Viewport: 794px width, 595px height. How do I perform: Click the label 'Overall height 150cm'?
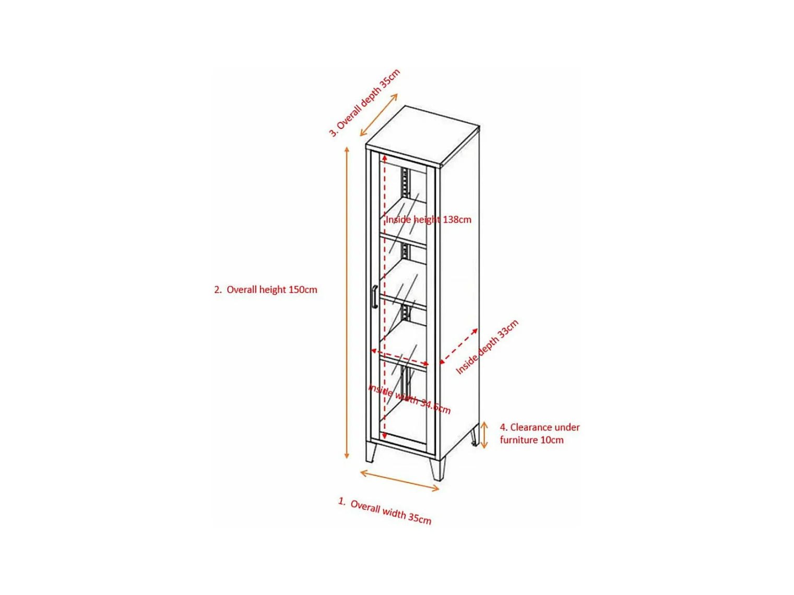(266, 290)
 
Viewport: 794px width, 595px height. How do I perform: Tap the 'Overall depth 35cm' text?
(364, 102)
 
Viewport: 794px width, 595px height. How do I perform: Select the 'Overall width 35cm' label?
(385, 511)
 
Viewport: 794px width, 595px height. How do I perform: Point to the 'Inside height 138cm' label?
(429, 220)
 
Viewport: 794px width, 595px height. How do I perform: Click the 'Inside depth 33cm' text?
(487, 347)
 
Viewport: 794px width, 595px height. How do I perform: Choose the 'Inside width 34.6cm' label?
(409, 399)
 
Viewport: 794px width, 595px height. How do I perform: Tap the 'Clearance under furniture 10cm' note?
(539, 434)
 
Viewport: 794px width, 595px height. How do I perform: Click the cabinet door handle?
(374, 296)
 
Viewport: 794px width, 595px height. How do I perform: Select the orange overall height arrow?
(347, 303)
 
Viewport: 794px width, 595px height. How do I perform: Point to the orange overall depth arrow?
(379, 115)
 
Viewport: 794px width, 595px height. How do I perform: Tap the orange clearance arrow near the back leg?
(484, 435)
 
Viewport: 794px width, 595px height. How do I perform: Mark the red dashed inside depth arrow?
(459, 346)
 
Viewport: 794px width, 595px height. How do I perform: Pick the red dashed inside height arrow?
(385, 292)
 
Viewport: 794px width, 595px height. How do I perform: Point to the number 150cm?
(303, 290)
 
